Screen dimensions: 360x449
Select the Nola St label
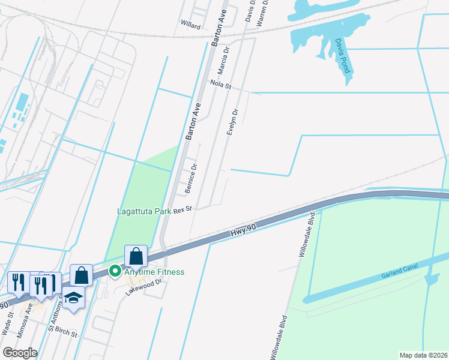(220, 85)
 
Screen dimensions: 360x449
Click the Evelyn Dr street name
(232, 122)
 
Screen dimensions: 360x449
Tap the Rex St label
(182, 209)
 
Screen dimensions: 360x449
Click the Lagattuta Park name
(143, 211)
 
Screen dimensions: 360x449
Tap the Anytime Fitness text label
(154, 272)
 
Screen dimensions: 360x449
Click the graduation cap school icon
(73, 298)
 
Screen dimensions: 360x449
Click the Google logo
(19, 353)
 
